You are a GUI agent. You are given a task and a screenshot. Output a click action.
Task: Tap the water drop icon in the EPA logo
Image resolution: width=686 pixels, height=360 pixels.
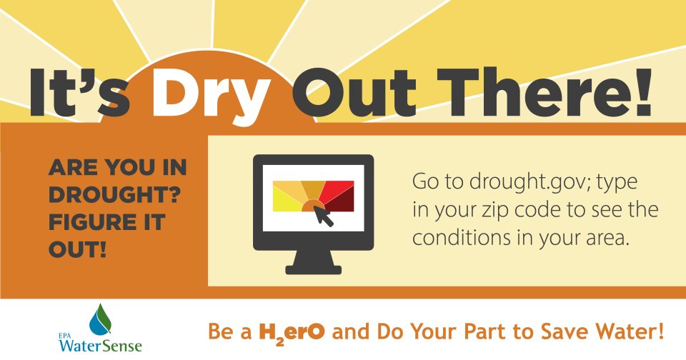100,320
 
